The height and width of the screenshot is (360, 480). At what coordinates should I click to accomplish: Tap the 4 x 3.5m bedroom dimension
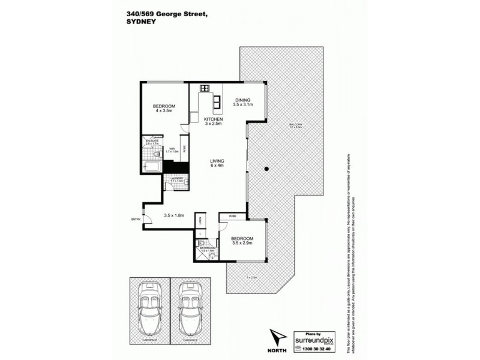tap(164, 110)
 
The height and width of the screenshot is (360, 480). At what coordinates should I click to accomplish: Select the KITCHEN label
tap(213, 119)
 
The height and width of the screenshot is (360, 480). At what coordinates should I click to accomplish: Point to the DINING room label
tap(242, 100)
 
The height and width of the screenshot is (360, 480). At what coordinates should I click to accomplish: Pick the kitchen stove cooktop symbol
tap(205, 89)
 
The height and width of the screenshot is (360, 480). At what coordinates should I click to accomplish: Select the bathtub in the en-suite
tap(152, 166)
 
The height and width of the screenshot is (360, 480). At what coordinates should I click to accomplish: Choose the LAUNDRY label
tap(176, 178)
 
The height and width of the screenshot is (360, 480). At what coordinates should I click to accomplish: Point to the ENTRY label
tap(135, 219)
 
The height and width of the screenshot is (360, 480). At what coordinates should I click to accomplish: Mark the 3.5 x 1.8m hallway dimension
tap(173, 215)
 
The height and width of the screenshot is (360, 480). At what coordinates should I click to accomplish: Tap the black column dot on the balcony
tap(265, 169)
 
